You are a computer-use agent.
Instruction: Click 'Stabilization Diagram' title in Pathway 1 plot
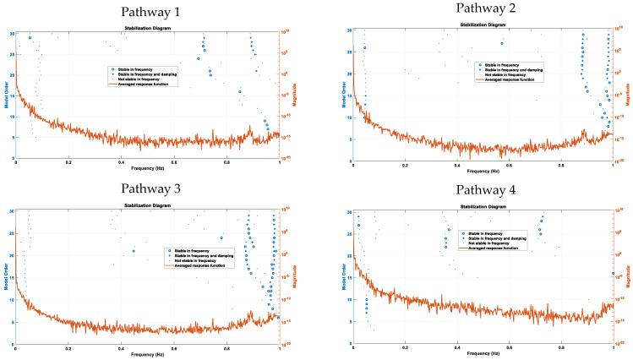coord(147,28)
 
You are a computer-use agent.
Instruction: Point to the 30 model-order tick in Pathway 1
coord(11,33)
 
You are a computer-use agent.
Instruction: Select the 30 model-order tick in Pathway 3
coord(11,211)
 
